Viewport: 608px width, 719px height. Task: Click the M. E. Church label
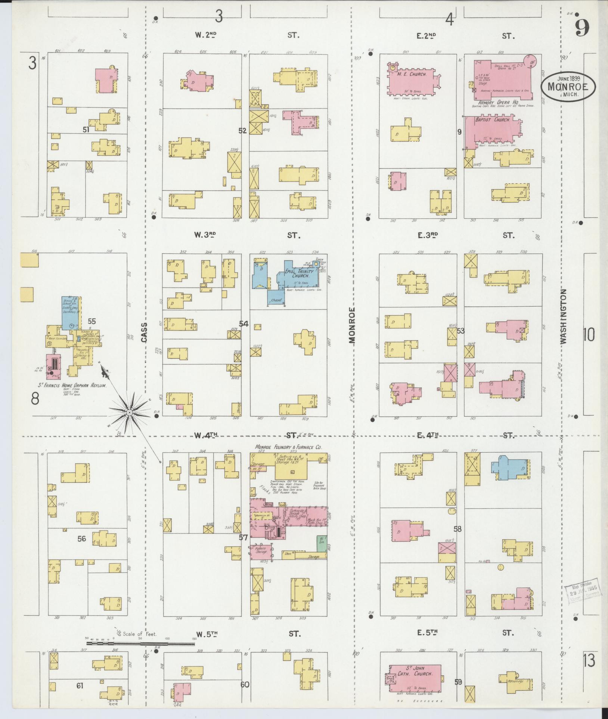pyautogui.click(x=412, y=75)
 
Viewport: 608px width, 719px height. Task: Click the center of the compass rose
pyautogui.click(x=129, y=412)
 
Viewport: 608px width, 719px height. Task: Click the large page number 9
pyautogui.click(x=582, y=27)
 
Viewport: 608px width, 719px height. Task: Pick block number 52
pyautogui.click(x=242, y=131)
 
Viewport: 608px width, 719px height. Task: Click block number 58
pyautogui.click(x=457, y=529)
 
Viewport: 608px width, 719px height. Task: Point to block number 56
pyautogui.click(x=82, y=538)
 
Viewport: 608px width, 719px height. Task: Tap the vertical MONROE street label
pyautogui.click(x=353, y=325)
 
